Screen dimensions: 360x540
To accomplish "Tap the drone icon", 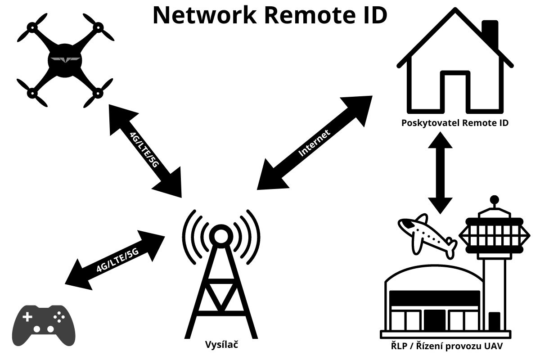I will (65, 61).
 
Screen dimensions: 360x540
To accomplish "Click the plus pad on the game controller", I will (27, 317).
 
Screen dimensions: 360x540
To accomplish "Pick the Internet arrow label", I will (315, 143).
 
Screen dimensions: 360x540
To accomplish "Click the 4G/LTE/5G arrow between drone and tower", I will (144, 151).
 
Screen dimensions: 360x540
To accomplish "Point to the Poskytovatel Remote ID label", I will (455, 122).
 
